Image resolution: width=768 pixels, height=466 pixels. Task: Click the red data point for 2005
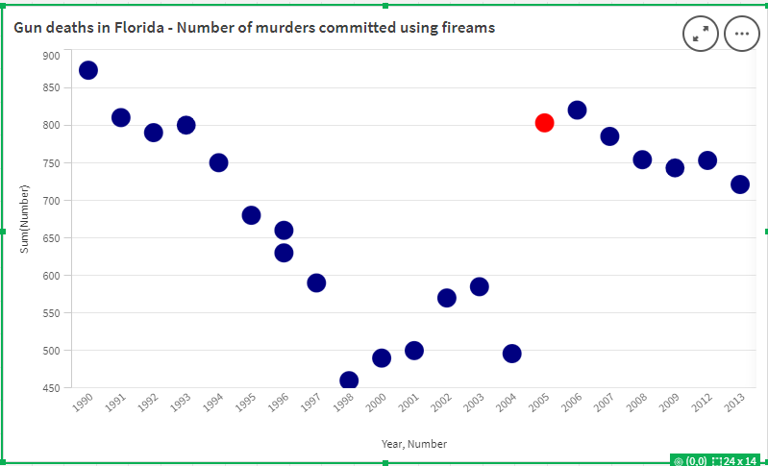coord(544,122)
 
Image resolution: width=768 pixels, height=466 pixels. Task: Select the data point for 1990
coord(88,70)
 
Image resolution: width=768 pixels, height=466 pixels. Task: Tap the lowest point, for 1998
coord(349,380)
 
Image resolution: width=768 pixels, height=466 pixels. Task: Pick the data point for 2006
coord(577,110)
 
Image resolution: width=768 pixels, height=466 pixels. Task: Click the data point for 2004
coord(511,354)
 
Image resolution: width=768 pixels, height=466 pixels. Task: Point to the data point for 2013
coord(740,184)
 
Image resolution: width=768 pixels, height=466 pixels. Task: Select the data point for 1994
coord(218,162)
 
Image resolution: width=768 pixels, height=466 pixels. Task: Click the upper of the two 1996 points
coord(284,231)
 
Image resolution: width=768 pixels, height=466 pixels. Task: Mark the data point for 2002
coord(446,298)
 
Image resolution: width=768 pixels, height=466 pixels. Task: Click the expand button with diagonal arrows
coord(700,34)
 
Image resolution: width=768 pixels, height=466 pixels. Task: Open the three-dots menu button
coord(741,34)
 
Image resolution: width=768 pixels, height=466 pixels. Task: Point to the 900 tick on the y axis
coord(51,56)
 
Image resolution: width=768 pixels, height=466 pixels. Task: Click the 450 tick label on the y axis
coord(51,388)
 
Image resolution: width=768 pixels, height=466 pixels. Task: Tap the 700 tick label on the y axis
coord(51,201)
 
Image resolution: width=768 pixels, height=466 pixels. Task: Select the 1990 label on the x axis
coord(83,403)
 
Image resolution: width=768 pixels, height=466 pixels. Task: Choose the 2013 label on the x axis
coord(735,403)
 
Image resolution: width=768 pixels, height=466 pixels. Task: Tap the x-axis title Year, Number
coord(413,444)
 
